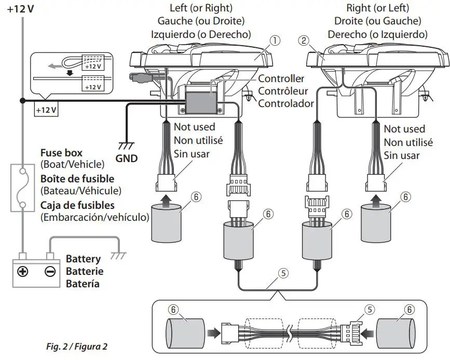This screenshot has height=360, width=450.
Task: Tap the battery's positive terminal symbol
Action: click(x=23, y=271)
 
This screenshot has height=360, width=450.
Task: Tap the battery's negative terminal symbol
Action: click(x=50, y=271)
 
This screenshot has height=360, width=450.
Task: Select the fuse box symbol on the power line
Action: click(x=21, y=188)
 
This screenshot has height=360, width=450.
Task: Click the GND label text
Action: click(x=127, y=158)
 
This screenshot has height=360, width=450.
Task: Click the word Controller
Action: click(x=281, y=79)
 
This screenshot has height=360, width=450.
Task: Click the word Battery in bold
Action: click(x=83, y=259)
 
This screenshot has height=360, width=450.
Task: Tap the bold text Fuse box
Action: click(x=61, y=154)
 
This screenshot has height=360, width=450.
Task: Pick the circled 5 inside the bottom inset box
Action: click(x=370, y=310)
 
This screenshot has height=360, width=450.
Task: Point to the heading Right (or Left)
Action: click(x=377, y=9)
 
